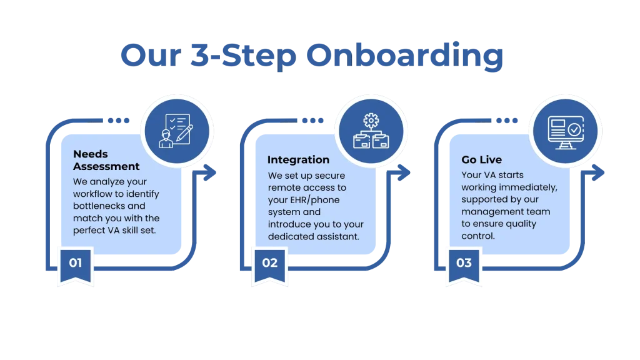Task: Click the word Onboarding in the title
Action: coord(406,57)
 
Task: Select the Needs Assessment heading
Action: coord(106,160)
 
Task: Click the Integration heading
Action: coord(298,160)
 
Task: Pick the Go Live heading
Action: coord(481,160)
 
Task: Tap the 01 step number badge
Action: coord(75,263)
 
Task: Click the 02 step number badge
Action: coord(269,263)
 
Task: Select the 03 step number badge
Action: coord(464,263)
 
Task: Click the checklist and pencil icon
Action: coord(177,131)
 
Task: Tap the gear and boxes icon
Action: coord(371,131)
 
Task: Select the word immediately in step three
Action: coord(530,187)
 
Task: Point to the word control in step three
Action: coord(478,236)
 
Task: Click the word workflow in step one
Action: coord(93,194)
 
